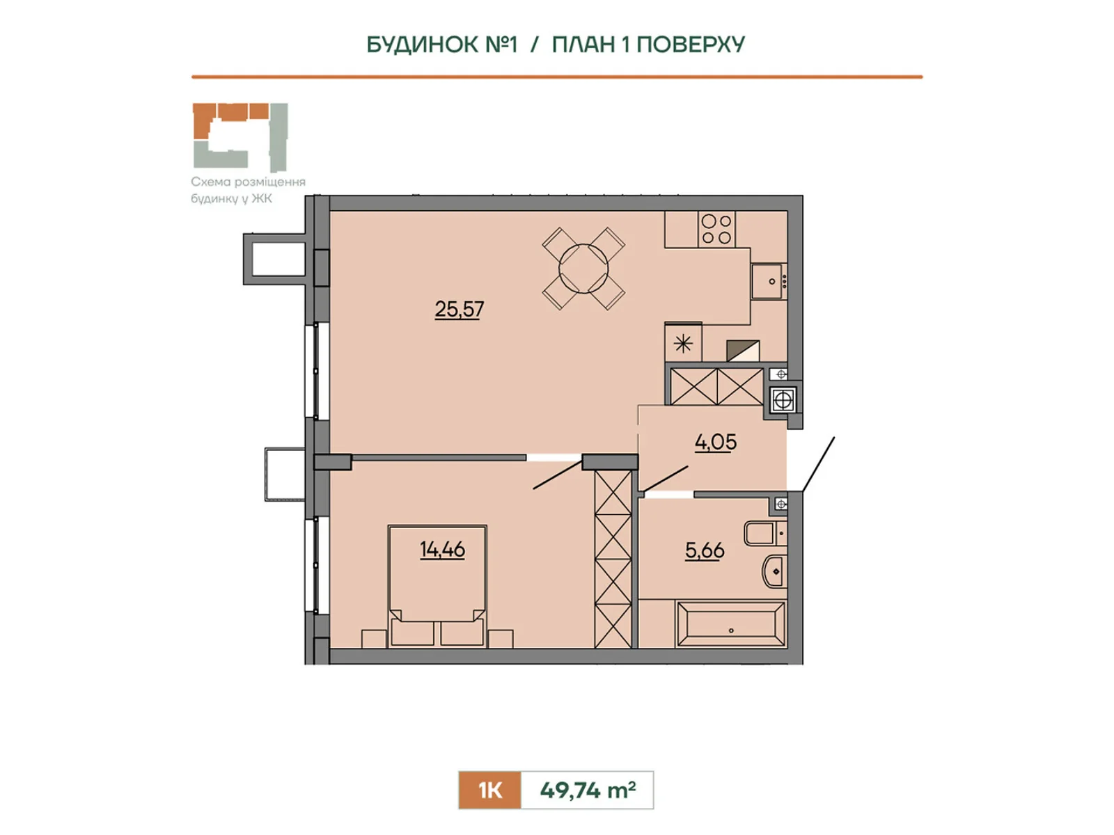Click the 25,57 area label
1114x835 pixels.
pos(460,309)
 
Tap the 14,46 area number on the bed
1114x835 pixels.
pos(442,549)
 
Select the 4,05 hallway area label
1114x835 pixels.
pos(716,442)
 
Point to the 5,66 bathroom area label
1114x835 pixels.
pos(705,550)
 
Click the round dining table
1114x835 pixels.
pos(583,269)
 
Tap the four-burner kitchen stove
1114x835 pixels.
pos(716,229)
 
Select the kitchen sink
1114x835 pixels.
pos(769,281)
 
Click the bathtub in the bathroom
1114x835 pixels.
pos(731,624)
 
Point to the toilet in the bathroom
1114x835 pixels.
pos(764,533)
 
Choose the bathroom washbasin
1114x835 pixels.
pos(774,571)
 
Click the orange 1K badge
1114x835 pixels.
pos(489,790)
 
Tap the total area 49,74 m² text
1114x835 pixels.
pos(588,790)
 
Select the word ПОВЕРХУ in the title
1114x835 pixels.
pos(691,45)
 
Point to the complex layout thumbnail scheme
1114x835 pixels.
pos(240,137)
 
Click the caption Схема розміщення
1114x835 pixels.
pos(248,182)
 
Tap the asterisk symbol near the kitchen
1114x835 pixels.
pos(683,344)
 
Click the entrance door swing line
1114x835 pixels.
pos(818,464)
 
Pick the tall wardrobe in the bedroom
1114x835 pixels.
pos(613,559)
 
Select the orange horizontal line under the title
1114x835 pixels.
pos(557,77)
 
